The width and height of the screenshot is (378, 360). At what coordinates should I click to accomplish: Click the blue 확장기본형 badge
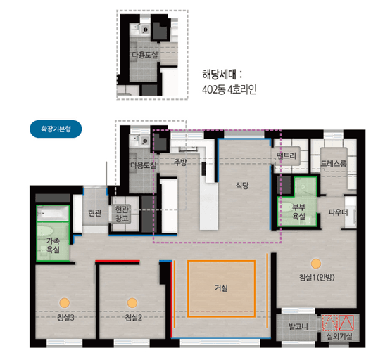pyautogui.click(x=56, y=129)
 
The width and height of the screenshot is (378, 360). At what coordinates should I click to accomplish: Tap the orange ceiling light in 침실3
pyautogui.click(x=64, y=302)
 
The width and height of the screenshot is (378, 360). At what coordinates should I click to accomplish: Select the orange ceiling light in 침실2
pyautogui.click(x=132, y=302)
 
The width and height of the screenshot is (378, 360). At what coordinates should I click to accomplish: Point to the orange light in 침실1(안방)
pyautogui.click(x=316, y=264)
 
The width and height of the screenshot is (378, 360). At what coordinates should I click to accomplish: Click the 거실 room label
pyautogui.click(x=221, y=288)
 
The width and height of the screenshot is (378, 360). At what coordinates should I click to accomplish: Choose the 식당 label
pyautogui.click(x=242, y=186)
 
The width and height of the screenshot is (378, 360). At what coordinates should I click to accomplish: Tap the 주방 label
pyautogui.click(x=181, y=162)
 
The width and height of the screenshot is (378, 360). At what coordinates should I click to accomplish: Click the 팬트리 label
pyautogui.click(x=286, y=155)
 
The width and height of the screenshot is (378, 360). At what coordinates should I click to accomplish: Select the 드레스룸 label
pyautogui.click(x=334, y=164)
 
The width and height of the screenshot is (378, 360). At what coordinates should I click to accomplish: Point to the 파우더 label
pyautogui.click(x=338, y=212)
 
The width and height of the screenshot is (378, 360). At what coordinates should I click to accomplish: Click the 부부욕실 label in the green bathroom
pyautogui.click(x=299, y=212)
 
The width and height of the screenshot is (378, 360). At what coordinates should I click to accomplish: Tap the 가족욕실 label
pyautogui.click(x=53, y=245)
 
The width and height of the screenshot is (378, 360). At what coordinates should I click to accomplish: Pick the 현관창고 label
pyautogui.click(x=122, y=214)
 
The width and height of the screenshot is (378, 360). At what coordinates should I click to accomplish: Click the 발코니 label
pyautogui.click(x=298, y=326)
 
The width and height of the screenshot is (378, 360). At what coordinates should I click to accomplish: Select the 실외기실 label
pyautogui.click(x=339, y=336)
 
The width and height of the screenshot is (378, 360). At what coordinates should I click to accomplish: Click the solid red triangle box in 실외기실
pyautogui.click(x=346, y=323)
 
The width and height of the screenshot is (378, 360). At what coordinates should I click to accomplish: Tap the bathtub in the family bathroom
pyautogui.click(x=53, y=213)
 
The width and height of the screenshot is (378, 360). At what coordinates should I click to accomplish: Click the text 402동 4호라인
pyautogui.click(x=229, y=90)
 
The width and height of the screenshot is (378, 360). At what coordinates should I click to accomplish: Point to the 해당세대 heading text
pyautogui.click(x=222, y=75)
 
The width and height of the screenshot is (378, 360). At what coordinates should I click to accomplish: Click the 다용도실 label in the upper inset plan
pyautogui.click(x=144, y=55)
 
